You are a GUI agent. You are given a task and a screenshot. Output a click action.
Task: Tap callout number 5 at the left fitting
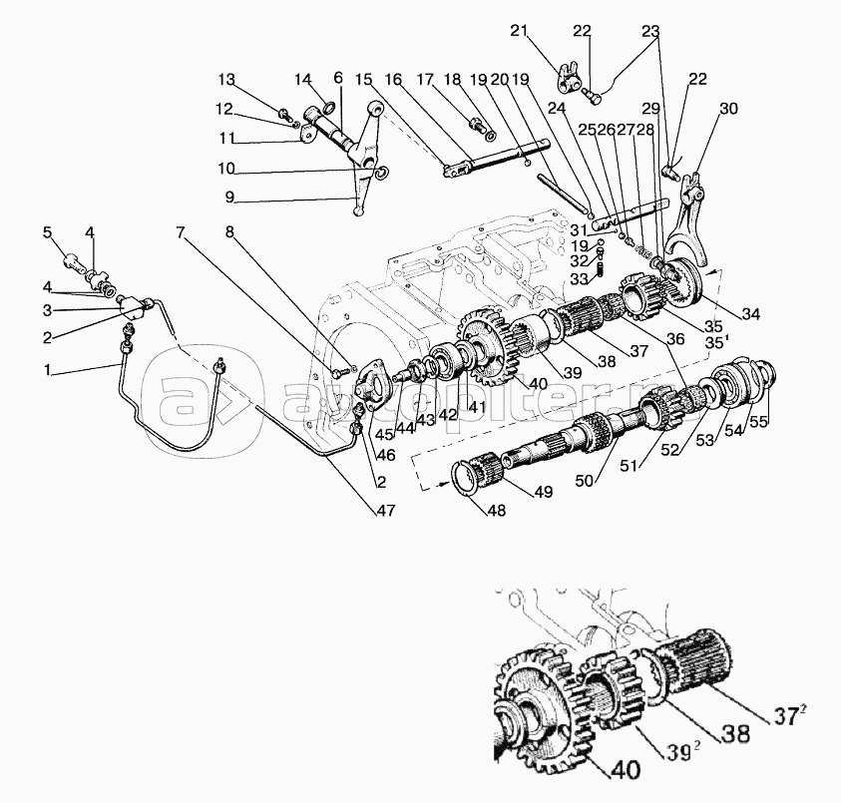tap(46, 232)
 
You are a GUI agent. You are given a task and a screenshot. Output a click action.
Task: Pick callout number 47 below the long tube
tap(385, 511)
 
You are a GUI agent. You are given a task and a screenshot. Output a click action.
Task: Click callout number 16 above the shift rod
tap(394, 80)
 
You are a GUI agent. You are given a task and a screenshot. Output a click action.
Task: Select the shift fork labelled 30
tap(692, 218)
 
